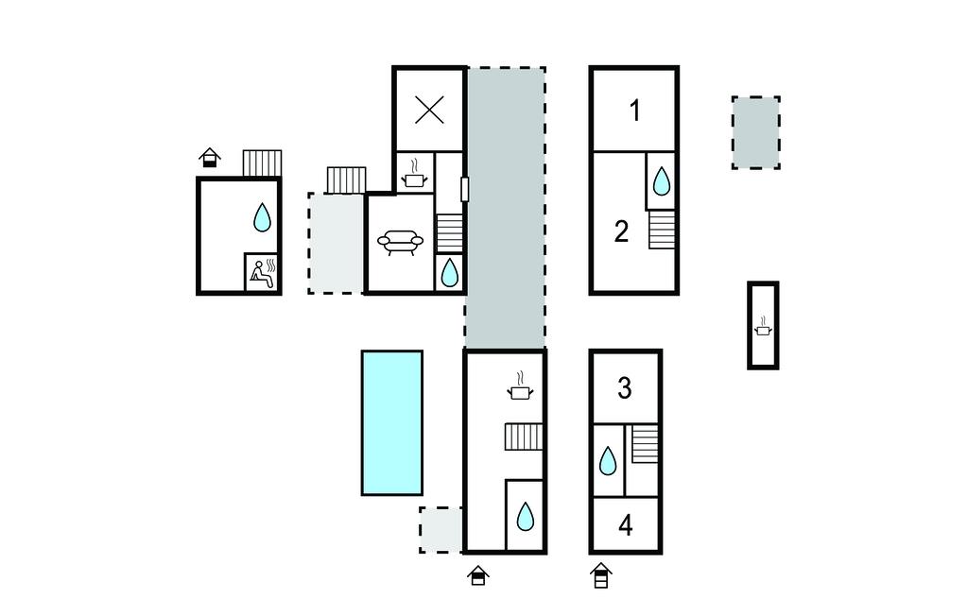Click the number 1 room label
pos(634,111)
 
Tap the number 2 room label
pos(621,231)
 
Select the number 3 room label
pos(624,388)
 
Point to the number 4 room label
pos(626,525)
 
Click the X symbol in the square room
pos(430,111)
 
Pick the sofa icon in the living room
pos(401,243)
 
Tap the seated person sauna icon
pos(263,273)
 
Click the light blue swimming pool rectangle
pos(392,423)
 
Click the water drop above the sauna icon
pos(263,217)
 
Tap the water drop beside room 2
pos(662,181)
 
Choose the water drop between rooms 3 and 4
pos(608,461)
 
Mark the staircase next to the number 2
pos(662,230)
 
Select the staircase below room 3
pos(645,444)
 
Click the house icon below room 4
pos(600,576)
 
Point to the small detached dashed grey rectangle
pos(755,132)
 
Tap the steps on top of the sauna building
pos(263,163)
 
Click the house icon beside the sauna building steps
pos(210,158)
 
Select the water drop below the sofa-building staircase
pos(449,273)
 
